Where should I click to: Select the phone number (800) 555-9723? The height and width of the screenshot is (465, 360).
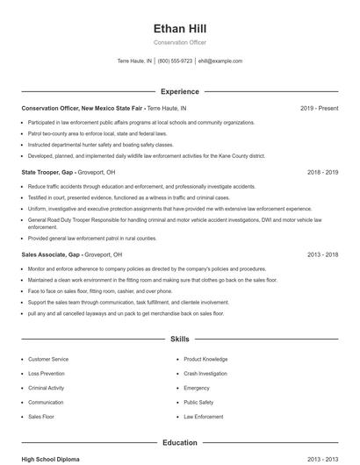(175, 61)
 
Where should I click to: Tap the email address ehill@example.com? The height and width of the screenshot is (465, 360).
(220, 61)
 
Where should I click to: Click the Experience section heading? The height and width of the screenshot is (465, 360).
(179, 91)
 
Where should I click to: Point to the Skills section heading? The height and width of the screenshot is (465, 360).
(179, 338)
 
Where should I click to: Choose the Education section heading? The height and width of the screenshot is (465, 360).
(179, 442)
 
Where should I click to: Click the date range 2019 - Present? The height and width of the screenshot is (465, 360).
(319, 108)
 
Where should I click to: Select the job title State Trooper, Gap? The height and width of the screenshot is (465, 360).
(51, 173)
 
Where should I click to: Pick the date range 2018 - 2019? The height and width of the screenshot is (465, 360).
(322, 173)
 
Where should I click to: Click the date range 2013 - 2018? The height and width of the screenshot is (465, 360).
(322, 254)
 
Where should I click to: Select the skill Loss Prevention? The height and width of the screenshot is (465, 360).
(46, 373)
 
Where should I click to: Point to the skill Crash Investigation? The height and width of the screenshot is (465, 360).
(206, 373)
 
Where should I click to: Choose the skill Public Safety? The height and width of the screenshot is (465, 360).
(198, 401)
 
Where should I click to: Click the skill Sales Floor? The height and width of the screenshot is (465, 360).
(41, 415)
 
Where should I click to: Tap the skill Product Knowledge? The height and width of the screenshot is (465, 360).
(205, 359)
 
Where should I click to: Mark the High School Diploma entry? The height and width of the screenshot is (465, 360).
(50, 459)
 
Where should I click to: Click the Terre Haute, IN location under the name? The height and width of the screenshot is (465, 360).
(134, 61)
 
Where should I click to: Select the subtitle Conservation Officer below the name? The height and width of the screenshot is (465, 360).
(179, 42)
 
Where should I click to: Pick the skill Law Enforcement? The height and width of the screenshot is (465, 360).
(204, 415)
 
